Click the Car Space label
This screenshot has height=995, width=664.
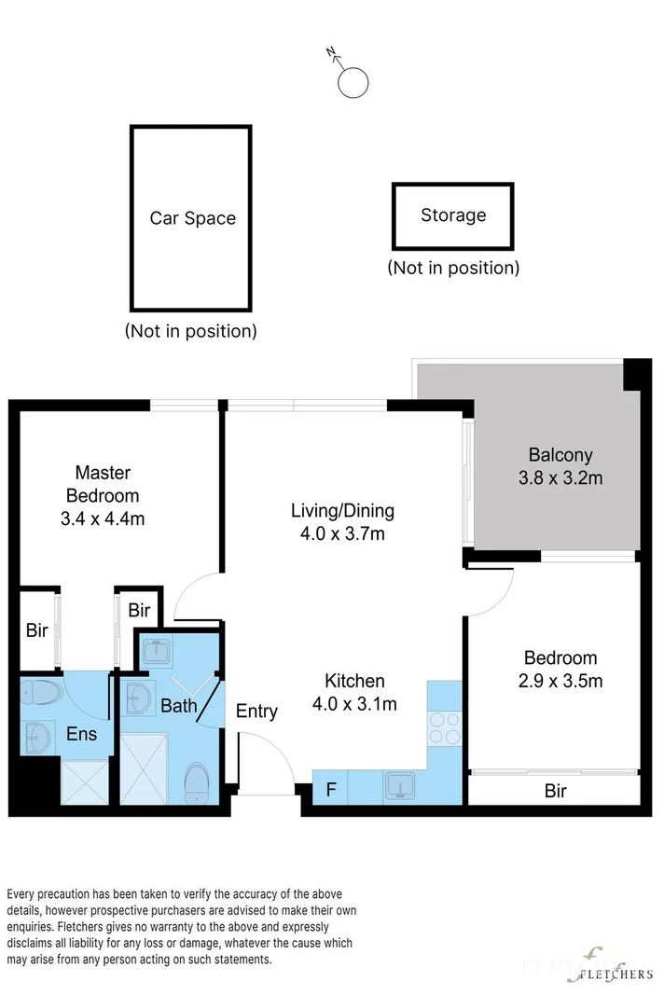tap(192, 218)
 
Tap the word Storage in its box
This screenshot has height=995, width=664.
tap(453, 215)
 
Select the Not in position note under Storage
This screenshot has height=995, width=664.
tap(453, 268)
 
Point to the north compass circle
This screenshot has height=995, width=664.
tap(353, 82)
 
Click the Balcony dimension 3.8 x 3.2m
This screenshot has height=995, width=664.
tap(560, 477)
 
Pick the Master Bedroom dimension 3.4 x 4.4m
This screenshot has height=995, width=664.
tap(103, 518)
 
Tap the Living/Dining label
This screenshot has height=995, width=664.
tap(343, 511)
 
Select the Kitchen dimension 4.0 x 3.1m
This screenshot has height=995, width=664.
tap(355, 704)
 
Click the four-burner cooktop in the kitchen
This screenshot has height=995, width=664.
tap(444, 728)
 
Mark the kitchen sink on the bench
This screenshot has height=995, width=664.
tap(400, 785)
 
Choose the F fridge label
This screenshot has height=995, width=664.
tap(331, 790)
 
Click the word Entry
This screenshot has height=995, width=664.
tap(256, 712)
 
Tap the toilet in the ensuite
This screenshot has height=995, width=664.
tap(41, 692)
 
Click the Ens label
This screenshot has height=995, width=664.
tap(81, 734)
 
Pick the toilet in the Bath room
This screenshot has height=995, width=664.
tap(196, 782)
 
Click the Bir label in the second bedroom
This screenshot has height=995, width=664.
tap(556, 791)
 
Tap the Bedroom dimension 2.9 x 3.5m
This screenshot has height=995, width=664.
tap(560, 681)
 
